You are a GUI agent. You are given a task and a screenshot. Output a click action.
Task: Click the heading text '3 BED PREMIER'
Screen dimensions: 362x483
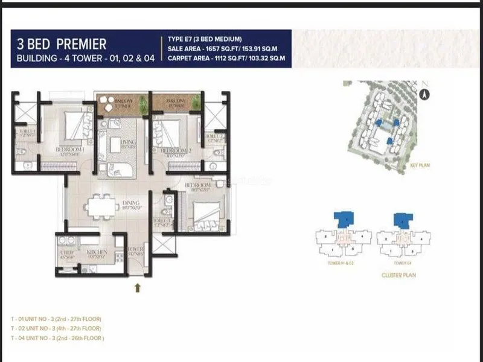click(x=62, y=44)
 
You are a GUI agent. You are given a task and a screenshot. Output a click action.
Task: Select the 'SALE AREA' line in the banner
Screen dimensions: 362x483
click(x=226, y=49)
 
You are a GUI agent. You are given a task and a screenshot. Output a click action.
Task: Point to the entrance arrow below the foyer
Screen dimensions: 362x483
click(x=137, y=288)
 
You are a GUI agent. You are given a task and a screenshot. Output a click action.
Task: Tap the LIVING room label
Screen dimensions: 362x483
click(x=128, y=144)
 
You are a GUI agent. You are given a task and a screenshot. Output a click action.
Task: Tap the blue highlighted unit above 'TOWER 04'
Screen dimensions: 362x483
click(x=400, y=220)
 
